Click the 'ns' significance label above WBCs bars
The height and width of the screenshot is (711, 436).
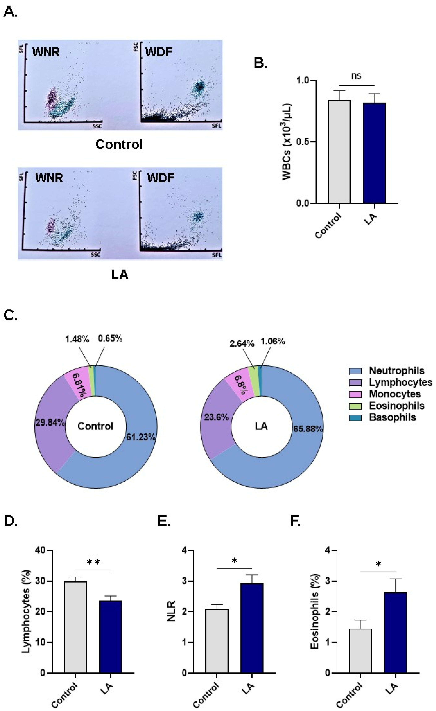click(356, 76)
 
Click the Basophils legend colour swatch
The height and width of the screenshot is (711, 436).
click(355, 418)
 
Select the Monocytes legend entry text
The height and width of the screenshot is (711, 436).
click(395, 394)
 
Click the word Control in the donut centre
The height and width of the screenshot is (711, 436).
click(95, 426)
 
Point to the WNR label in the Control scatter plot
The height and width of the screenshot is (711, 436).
click(46, 52)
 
